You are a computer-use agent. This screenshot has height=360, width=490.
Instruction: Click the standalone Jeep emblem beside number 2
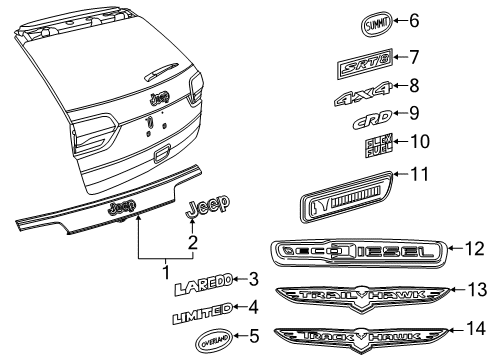(206, 207)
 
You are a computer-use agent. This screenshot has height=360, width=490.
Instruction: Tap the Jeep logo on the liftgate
(158, 98)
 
